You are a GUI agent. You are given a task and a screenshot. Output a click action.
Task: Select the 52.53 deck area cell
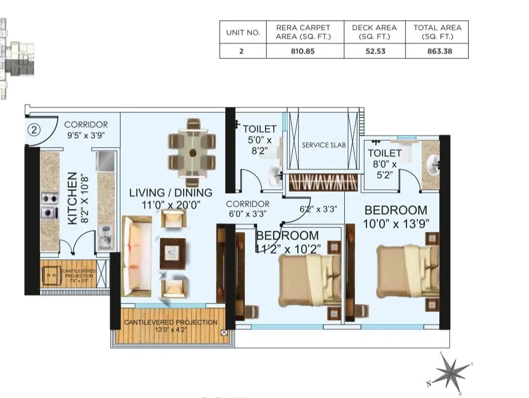point(375,51)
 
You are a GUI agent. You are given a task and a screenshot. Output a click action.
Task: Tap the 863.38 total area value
point(437,51)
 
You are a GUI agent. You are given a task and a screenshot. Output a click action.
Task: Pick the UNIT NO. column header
point(243,32)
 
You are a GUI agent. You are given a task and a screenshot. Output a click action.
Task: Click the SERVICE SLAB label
point(324,145)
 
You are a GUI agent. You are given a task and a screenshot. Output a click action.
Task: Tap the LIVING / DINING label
point(170,193)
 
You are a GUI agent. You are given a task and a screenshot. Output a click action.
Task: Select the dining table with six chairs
point(192,152)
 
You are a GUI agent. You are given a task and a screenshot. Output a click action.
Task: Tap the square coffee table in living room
point(172,253)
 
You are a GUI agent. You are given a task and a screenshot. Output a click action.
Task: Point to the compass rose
point(451,373)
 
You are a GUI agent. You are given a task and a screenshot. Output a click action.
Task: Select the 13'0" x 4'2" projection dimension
point(170,330)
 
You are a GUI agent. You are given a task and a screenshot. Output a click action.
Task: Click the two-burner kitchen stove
point(49,205)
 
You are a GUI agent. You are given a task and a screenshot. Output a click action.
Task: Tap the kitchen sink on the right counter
point(105,236)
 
